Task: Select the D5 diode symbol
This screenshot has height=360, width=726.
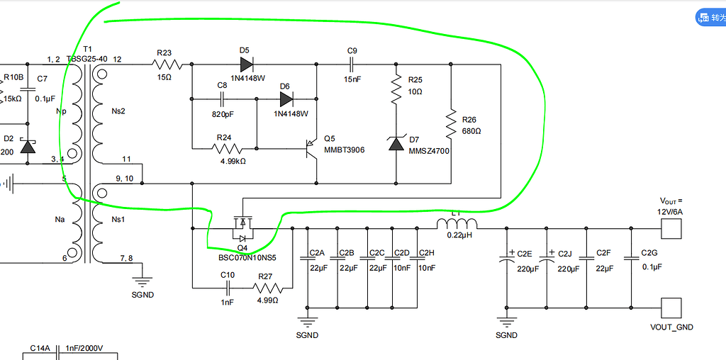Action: (246, 64)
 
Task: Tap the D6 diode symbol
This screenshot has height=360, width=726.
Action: (286, 99)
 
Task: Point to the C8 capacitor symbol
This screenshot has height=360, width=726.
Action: (222, 99)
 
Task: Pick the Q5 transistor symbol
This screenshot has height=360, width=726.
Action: (311, 149)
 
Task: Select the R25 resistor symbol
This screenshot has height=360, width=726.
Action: (396, 89)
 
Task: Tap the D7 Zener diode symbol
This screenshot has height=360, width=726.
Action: (396, 144)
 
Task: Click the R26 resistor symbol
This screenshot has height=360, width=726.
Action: (450, 124)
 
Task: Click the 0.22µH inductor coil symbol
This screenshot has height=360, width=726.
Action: (457, 225)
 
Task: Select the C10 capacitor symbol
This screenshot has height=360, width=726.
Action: (228, 288)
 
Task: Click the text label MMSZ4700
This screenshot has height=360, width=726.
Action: (428, 151)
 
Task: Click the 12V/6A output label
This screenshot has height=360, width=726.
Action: (671, 211)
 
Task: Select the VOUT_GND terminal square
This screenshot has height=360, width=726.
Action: (671, 308)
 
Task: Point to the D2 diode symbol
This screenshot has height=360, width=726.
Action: (28, 147)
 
